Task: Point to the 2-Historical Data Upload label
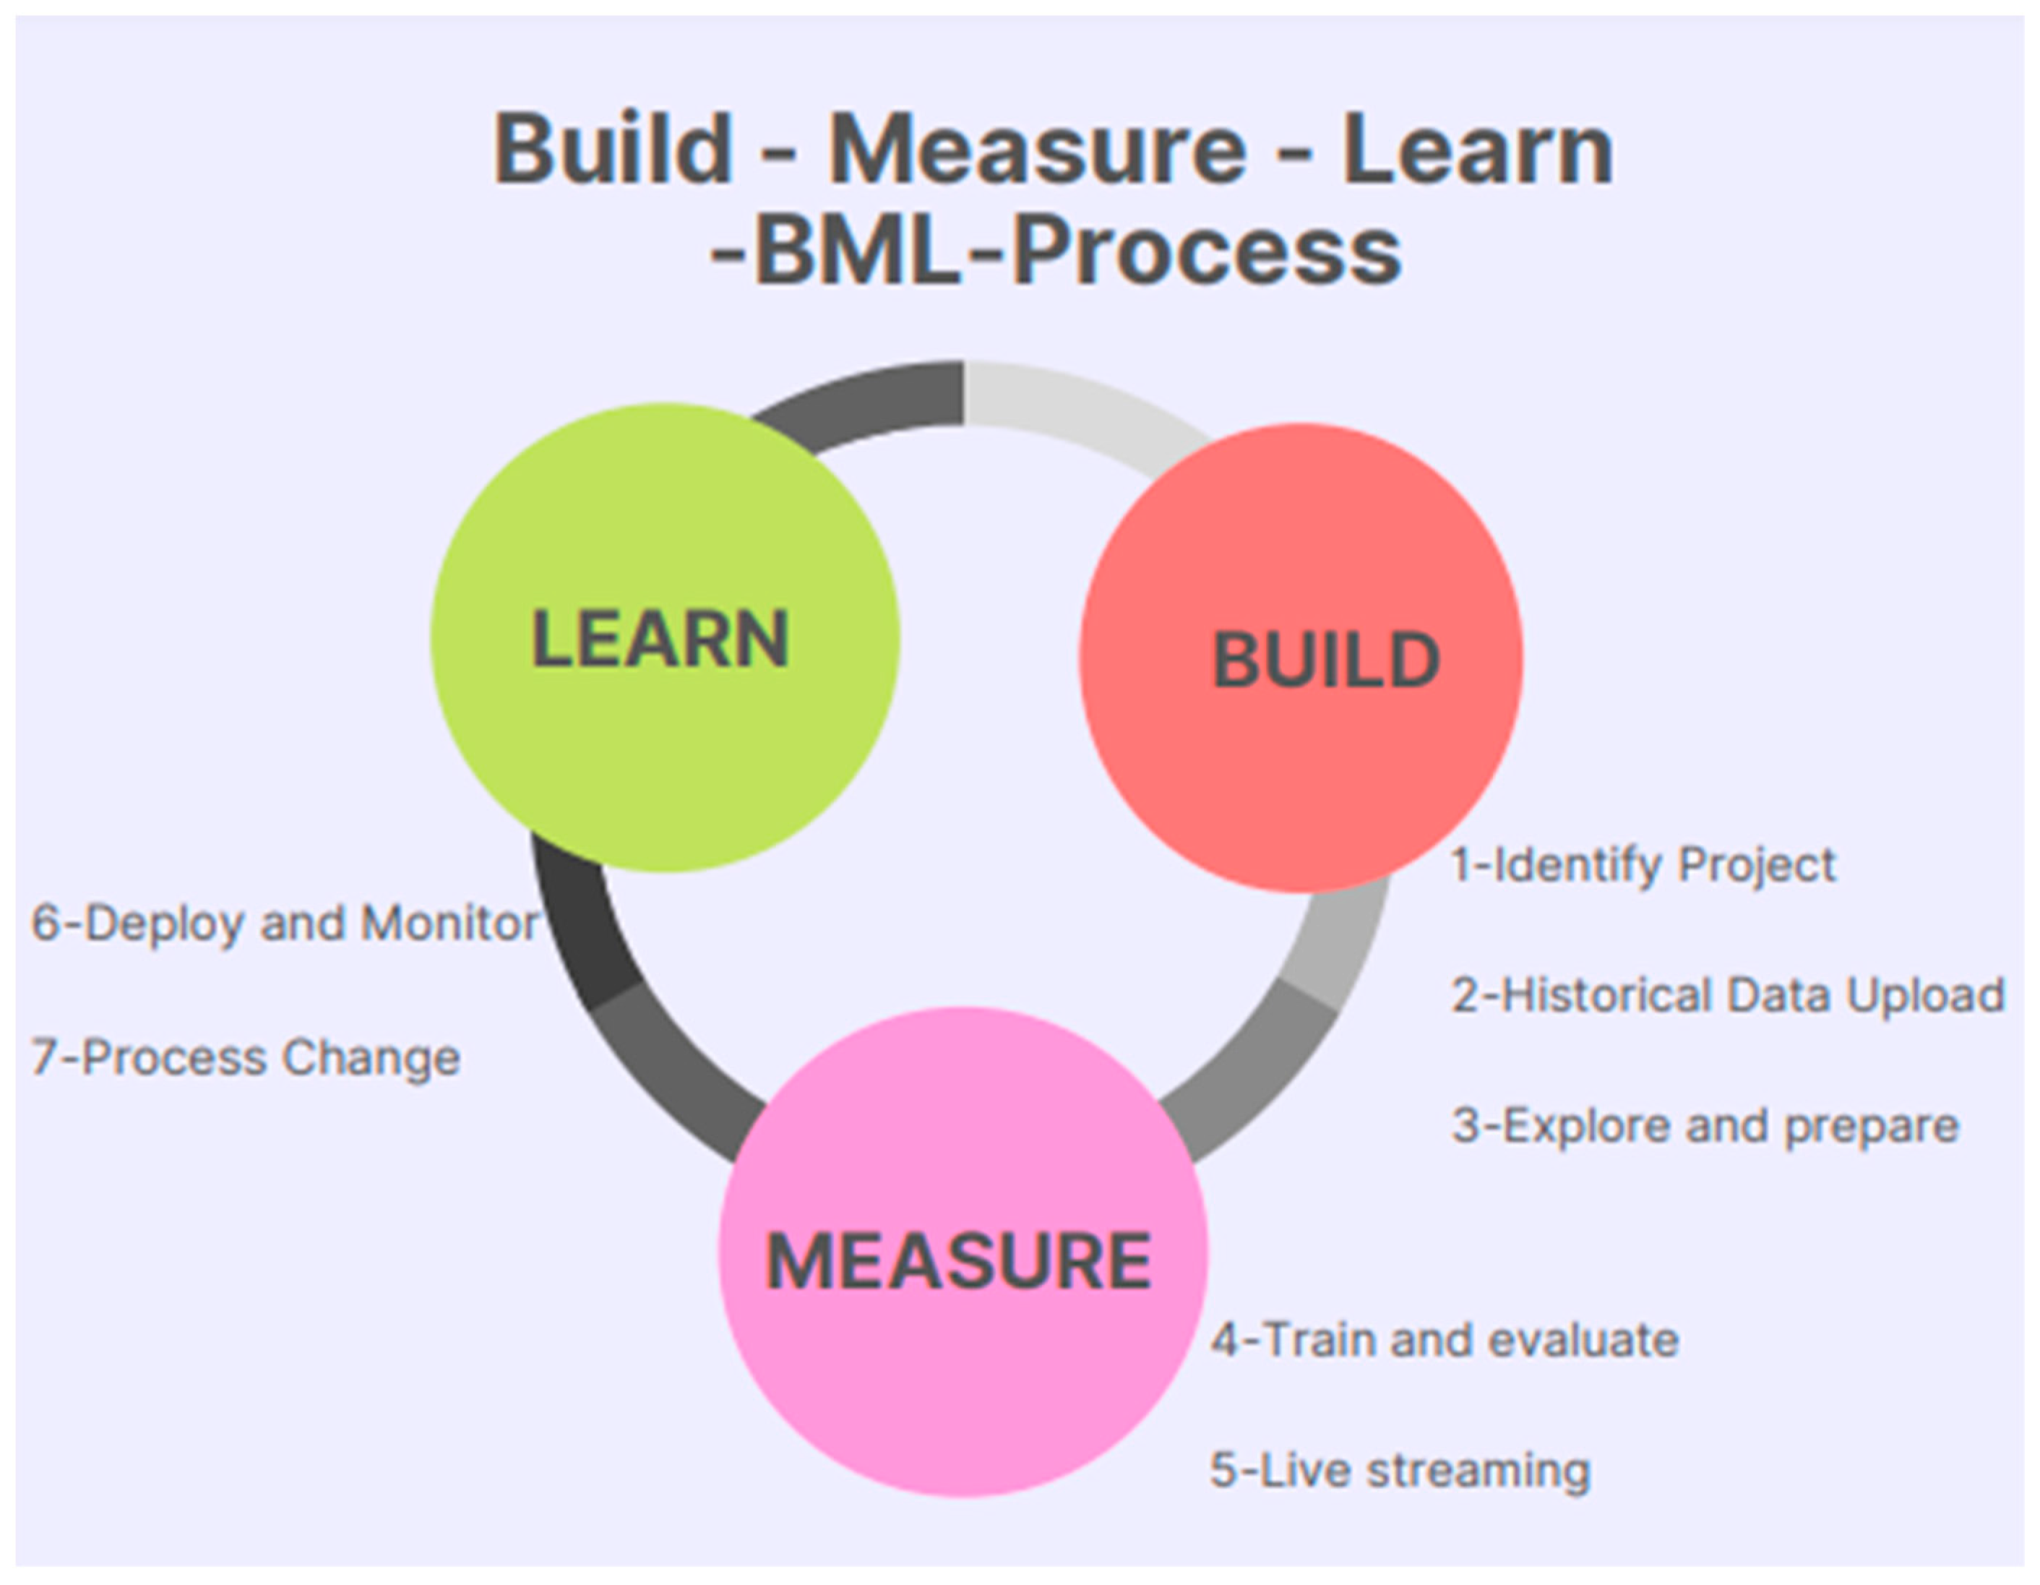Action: pyautogui.click(x=1727, y=995)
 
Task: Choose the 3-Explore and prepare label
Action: pyautogui.click(x=1705, y=1125)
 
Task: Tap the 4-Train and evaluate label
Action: pyautogui.click(x=1444, y=1339)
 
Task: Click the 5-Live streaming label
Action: pyautogui.click(x=1399, y=1470)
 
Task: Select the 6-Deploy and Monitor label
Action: pyautogui.click(x=285, y=923)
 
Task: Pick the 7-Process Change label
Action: pyautogui.click(x=246, y=1057)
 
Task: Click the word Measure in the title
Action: pyautogui.click(x=1037, y=150)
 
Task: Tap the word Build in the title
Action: pyautogui.click(x=612, y=150)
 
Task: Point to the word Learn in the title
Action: pyautogui.click(x=1478, y=150)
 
